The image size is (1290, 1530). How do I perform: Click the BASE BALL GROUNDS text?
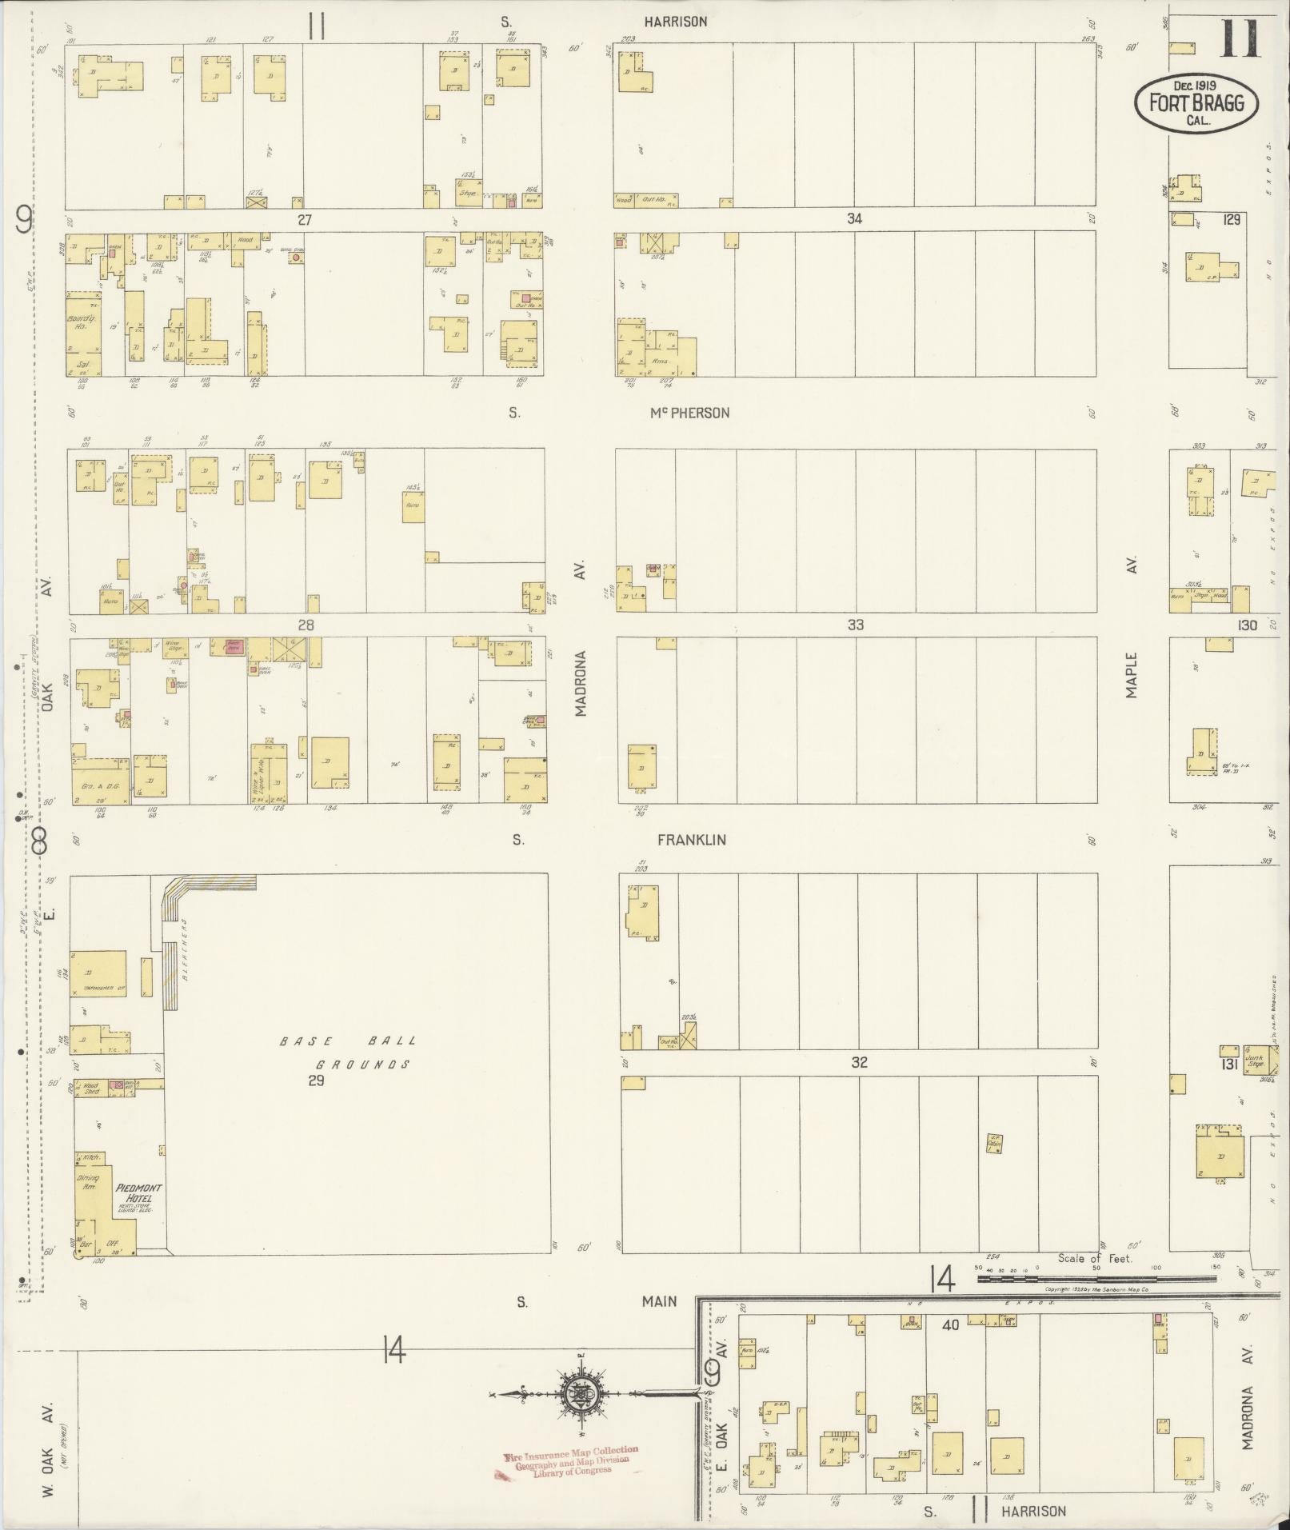point(347,1053)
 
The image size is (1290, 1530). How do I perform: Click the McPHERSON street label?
point(689,413)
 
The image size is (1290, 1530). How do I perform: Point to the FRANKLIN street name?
point(691,840)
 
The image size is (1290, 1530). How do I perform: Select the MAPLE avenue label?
point(1132,675)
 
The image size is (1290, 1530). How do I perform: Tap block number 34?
point(854,218)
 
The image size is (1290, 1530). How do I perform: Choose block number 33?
point(855,625)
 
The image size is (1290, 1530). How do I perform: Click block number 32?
point(859,1062)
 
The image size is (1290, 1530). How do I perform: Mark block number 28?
point(306,625)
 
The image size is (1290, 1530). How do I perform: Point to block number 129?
point(1231,219)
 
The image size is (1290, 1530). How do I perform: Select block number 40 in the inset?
point(950,1324)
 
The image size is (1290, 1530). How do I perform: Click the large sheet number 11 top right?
point(1240,38)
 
